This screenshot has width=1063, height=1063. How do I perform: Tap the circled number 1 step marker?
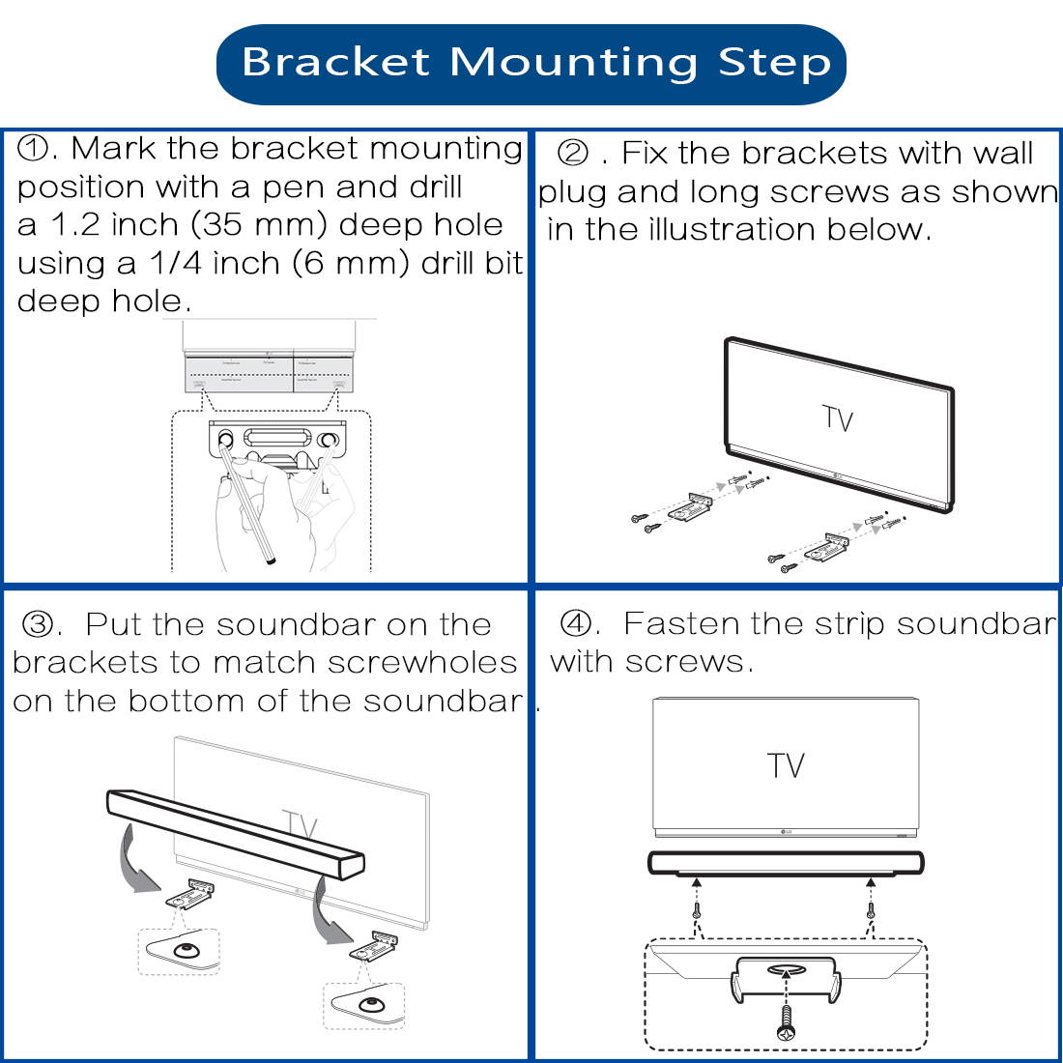(36, 149)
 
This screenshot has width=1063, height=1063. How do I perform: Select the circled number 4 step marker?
(578, 624)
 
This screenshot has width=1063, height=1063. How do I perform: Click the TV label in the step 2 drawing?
(838, 417)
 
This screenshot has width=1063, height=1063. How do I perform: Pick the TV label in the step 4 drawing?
(786, 765)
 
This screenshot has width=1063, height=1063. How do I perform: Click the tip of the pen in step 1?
(273, 560)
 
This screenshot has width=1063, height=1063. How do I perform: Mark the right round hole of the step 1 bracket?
(329, 441)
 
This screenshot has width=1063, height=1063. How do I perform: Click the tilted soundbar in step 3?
(236, 833)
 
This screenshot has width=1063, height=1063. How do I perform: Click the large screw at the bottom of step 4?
(786, 1020)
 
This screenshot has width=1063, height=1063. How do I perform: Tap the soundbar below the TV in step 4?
(786, 862)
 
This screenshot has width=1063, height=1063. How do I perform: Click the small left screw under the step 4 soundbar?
(696, 911)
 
